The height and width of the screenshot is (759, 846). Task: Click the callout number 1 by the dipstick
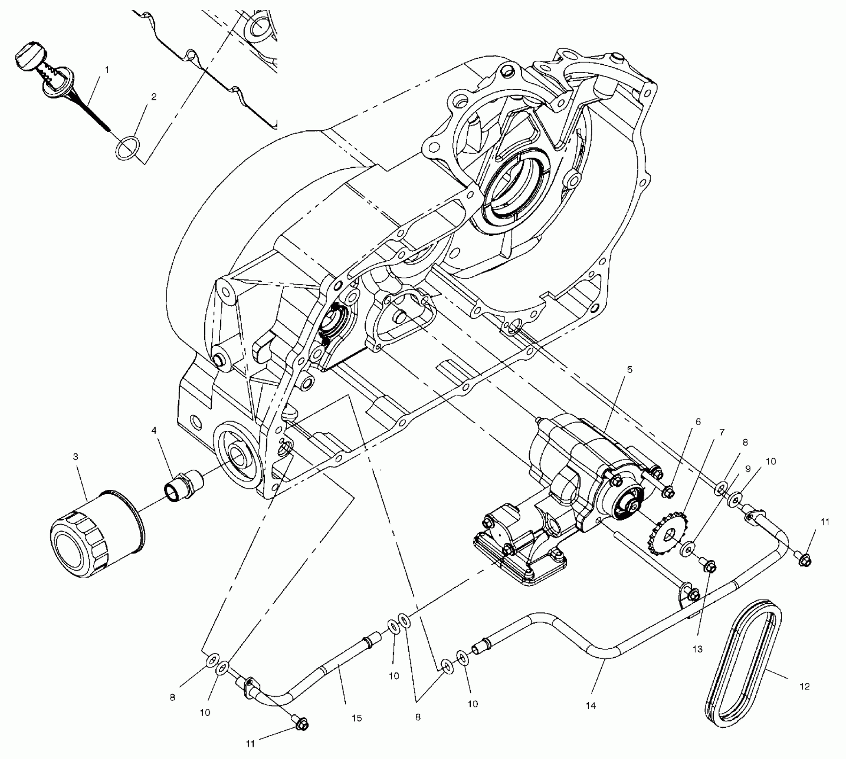click(x=107, y=70)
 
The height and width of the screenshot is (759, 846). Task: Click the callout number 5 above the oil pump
click(x=630, y=370)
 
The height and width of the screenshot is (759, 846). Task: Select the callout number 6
click(x=698, y=421)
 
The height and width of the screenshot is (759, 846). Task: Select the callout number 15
click(x=356, y=718)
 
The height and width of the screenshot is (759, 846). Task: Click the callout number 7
click(x=722, y=432)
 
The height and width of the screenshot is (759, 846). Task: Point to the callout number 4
click(x=154, y=430)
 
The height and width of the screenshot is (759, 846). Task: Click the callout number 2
click(x=154, y=96)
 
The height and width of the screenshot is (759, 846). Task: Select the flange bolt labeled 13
click(x=708, y=566)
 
